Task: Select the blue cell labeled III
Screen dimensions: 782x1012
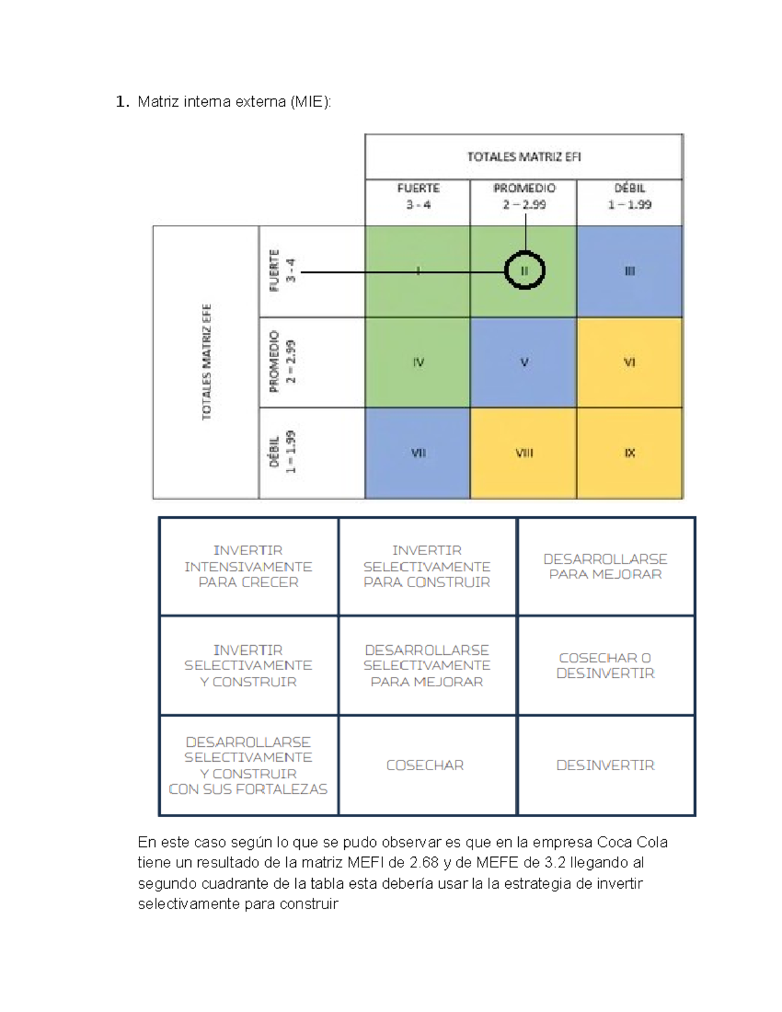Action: (630, 272)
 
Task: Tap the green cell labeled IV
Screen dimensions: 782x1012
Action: (418, 362)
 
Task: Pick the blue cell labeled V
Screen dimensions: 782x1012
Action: (523, 362)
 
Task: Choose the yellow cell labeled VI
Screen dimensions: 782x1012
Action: (630, 362)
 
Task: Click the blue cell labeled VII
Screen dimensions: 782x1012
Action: (418, 453)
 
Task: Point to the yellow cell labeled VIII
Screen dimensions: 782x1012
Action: (523, 453)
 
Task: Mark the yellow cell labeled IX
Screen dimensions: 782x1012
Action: (630, 453)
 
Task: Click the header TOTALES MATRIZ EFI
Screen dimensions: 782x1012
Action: (524, 157)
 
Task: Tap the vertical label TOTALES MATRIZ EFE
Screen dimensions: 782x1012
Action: (207, 362)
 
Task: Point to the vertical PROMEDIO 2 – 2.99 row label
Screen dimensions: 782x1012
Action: (282, 362)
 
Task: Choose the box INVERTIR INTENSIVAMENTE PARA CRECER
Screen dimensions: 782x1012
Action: (248, 566)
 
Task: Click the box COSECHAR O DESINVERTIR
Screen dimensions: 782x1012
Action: (605, 665)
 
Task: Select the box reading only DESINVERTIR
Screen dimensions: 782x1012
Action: (605, 765)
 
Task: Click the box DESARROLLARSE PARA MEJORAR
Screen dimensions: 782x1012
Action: (605, 566)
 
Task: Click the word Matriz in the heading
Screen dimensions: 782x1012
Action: (158, 102)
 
